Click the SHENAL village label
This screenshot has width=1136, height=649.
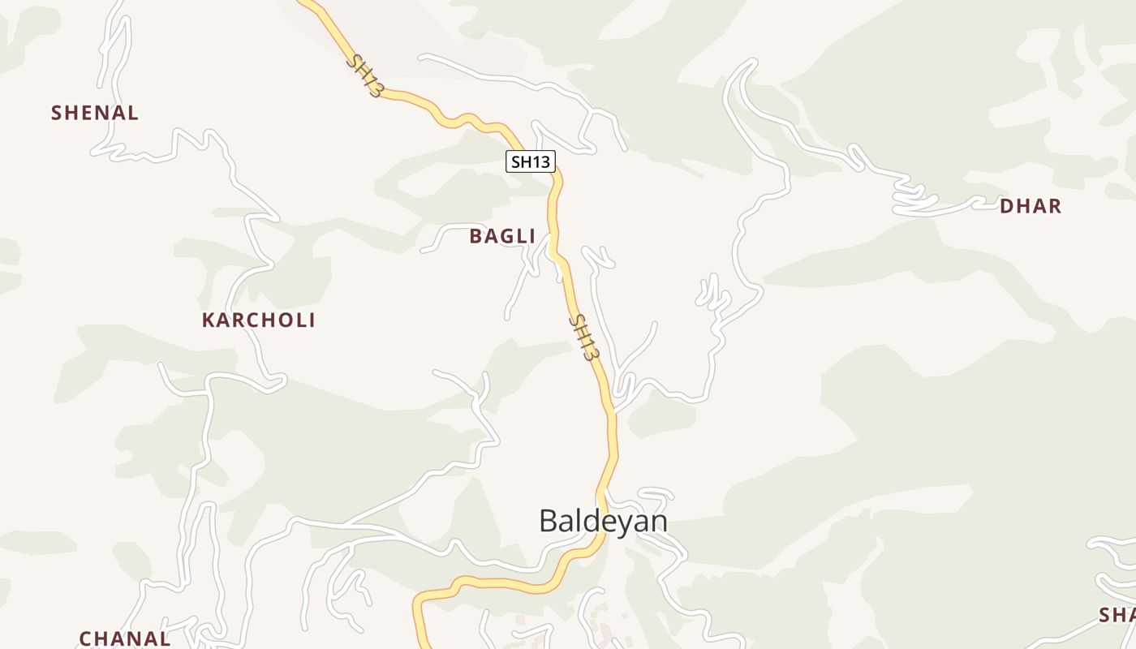pyautogui.click(x=95, y=113)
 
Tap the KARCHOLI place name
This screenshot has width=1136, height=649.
pyautogui.click(x=258, y=320)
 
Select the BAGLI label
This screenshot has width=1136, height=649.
pyautogui.click(x=502, y=236)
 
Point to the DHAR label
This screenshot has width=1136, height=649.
pyautogui.click(x=1031, y=206)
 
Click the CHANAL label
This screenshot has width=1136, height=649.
pyautogui.click(x=125, y=638)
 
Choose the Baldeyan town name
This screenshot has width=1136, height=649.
pyautogui.click(x=603, y=521)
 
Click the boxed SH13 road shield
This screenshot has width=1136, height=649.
pyautogui.click(x=531, y=161)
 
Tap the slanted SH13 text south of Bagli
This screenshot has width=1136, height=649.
pyautogui.click(x=584, y=337)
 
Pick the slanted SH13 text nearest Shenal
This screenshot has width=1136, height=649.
pyautogui.click(x=364, y=75)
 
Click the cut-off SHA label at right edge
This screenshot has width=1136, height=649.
pyautogui.click(x=1117, y=615)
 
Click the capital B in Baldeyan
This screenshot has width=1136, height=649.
pyautogui.click(x=549, y=521)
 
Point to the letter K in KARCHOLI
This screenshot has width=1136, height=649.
pyautogui.click(x=208, y=320)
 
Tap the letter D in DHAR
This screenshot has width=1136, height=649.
pyautogui.click(x=1007, y=206)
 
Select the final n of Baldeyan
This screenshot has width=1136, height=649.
pyautogui.click(x=659, y=521)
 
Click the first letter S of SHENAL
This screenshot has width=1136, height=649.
pyautogui.click(x=56, y=113)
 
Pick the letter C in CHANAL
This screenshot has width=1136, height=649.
pyautogui.click(x=85, y=638)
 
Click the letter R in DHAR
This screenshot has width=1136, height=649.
pyautogui.click(x=1054, y=206)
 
